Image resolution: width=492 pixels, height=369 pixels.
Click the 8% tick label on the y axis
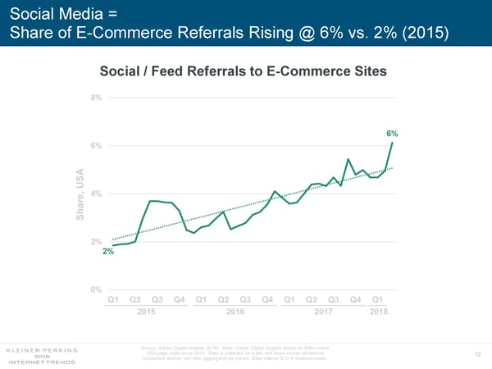[96, 98]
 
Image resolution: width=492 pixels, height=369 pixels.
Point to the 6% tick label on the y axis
[96, 146]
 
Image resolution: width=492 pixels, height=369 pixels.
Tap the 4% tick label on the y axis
[96, 194]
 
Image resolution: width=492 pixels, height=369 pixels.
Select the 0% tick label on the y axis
[96, 289]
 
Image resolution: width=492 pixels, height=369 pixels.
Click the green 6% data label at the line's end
[392, 133]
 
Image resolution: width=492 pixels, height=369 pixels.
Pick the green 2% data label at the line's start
[107, 252]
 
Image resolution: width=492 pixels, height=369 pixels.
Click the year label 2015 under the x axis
[146, 312]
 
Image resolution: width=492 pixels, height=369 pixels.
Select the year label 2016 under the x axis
[235, 312]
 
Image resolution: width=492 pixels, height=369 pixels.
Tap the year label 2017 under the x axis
[323, 312]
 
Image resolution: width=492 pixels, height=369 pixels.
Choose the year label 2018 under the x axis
[378, 312]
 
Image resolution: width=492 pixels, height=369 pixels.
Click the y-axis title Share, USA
[81, 194]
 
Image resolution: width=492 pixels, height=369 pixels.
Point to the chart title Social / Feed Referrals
[243, 71]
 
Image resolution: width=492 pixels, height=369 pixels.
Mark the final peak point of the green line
[393, 143]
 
